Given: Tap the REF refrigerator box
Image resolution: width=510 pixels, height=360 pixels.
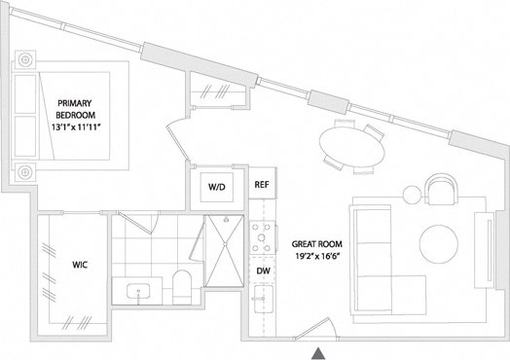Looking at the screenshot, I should click(261, 184).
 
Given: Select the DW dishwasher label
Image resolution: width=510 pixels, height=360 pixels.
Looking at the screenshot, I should click(262, 271).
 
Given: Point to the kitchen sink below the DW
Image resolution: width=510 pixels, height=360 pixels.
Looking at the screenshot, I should click(261, 300).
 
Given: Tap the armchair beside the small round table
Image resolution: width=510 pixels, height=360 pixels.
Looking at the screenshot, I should click(439, 191).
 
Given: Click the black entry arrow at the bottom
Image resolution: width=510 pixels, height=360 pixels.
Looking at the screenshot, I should click(318, 351).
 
